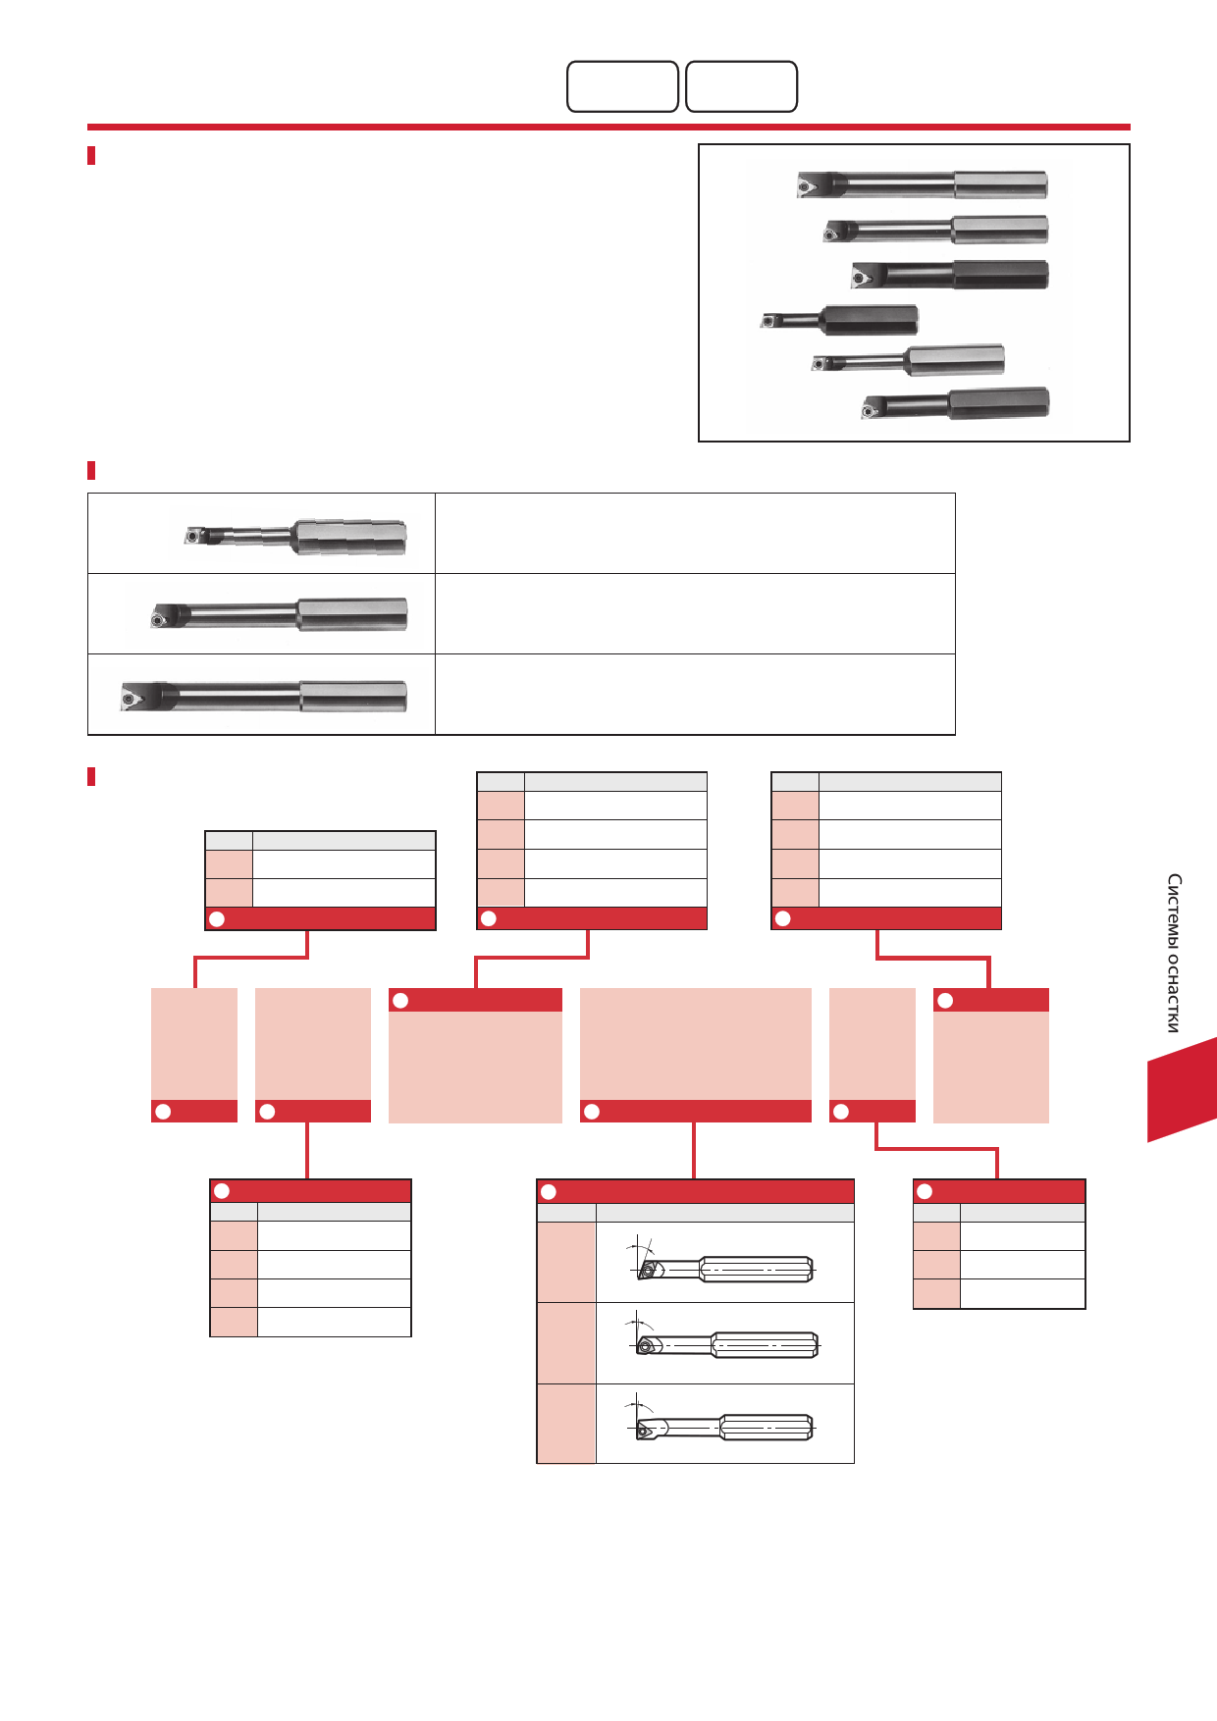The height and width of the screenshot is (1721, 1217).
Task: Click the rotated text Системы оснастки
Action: (1174, 953)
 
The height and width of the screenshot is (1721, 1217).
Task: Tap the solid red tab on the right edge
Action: (1183, 1089)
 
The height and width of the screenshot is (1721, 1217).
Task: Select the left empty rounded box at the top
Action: (623, 86)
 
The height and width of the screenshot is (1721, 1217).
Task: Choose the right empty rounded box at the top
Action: (741, 86)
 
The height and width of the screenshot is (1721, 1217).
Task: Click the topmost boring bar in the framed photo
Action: (923, 184)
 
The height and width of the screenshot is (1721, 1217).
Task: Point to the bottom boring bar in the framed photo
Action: (955, 404)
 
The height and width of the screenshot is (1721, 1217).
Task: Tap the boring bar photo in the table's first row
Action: (295, 536)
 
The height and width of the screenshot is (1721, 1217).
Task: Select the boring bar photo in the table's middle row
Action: (279, 615)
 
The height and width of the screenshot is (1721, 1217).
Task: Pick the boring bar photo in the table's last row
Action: (263, 695)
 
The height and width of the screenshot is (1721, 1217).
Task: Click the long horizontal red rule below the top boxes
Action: (608, 127)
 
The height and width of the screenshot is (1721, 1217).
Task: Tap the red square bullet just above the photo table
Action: (91, 471)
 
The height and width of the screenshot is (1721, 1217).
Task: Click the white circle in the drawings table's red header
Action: (549, 1191)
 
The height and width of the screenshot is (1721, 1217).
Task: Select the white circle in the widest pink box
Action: (592, 1112)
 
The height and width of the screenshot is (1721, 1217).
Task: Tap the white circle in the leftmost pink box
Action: (164, 1112)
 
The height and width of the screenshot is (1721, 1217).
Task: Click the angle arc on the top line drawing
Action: (645, 1247)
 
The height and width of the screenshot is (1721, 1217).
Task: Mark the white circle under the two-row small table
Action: (218, 918)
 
